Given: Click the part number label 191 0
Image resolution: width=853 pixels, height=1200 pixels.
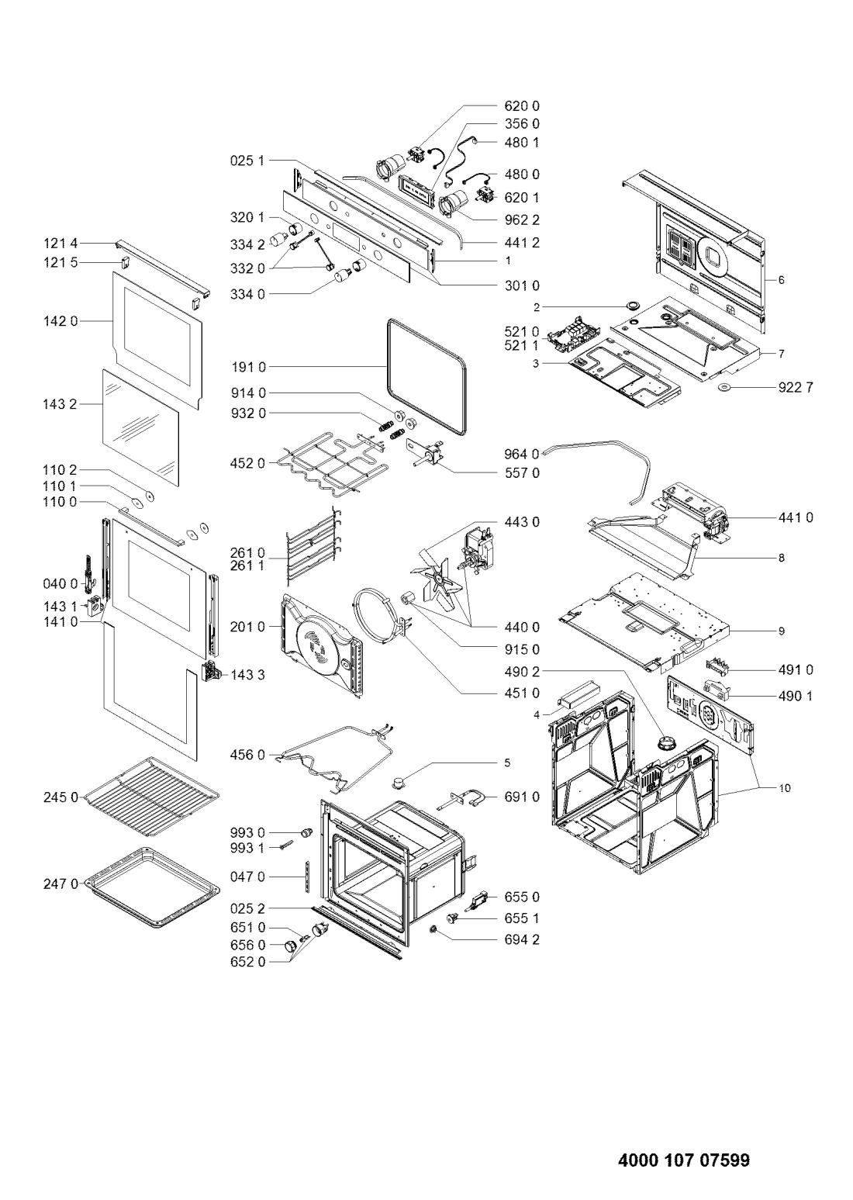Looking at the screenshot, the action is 247,368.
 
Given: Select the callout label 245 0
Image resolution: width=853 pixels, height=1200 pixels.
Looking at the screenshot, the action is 60,797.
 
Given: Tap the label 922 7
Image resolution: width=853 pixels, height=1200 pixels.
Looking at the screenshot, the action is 795,387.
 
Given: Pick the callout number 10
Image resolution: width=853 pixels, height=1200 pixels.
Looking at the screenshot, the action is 784,788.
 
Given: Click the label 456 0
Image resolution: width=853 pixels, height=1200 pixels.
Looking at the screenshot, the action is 247,755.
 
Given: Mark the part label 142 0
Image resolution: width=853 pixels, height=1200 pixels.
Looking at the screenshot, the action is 60,321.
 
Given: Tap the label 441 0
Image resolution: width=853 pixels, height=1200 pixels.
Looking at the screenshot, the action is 795,517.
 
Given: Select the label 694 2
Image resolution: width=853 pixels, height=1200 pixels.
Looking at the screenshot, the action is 522,939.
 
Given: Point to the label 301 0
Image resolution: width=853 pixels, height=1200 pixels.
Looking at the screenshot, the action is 522,286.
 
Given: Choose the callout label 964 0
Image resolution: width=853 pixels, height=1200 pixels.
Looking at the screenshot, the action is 522,455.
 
